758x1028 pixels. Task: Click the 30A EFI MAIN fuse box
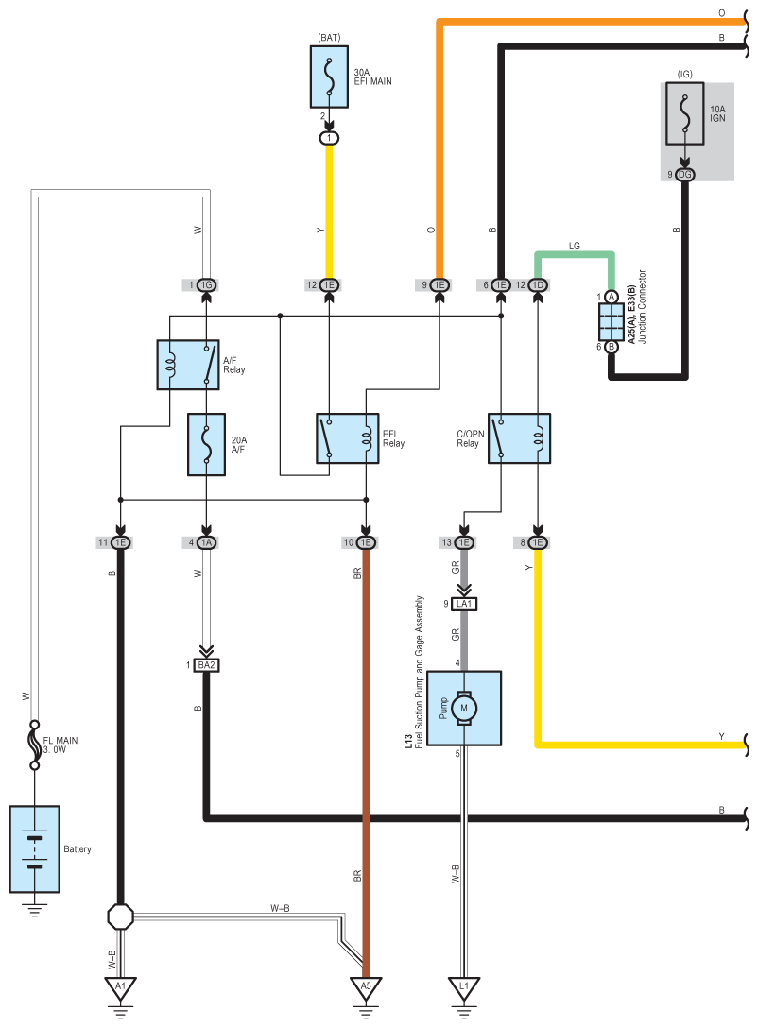[x=329, y=76]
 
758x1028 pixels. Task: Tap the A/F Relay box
[x=187, y=365]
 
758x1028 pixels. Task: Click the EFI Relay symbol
[x=347, y=438]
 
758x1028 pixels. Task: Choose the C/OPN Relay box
[x=519, y=438]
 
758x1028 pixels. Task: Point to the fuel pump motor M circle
[x=463, y=707]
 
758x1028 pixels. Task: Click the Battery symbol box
[x=35, y=848]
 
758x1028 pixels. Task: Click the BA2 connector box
[x=206, y=665]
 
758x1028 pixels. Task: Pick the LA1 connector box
[x=463, y=603]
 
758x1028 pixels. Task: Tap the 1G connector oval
[x=206, y=285]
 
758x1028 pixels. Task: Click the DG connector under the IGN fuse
[x=685, y=175]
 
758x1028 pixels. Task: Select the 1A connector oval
[x=206, y=542]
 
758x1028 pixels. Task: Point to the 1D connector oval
[x=538, y=285]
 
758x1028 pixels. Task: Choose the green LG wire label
[x=574, y=245]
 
